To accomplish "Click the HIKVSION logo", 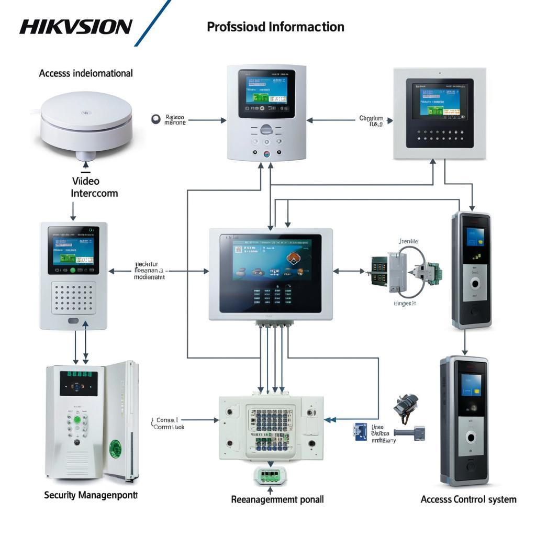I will (76, 27).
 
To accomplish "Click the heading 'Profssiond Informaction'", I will (275, 27).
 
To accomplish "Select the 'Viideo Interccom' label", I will (94, 187).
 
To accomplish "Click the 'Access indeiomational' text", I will (86, 73).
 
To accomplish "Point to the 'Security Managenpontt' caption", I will (91, 495).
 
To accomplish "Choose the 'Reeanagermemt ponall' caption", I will (277, 499).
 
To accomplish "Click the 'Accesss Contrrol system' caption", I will (468, 499).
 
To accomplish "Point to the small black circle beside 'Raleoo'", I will (155, 119).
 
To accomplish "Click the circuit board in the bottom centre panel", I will (271, 429).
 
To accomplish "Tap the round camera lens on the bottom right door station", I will (471, 438).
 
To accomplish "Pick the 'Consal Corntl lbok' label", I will (169, 423).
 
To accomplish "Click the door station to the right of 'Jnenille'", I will (472, 270).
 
